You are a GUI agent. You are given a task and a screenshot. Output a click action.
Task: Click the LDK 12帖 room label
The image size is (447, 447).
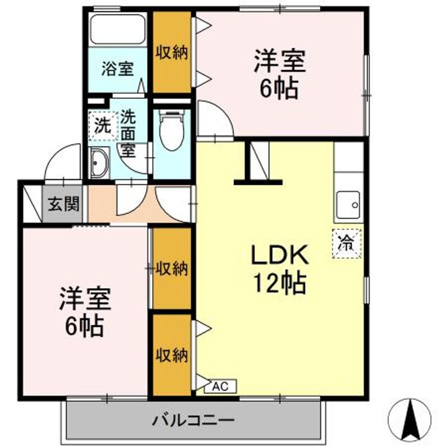click(x=278, y=268)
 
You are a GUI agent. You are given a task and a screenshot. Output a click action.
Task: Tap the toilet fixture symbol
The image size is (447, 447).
click(x=171, y=129)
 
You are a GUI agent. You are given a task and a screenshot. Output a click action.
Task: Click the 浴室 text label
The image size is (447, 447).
click(x=118, y=68)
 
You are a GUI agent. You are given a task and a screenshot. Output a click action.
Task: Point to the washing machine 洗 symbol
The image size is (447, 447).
click(x=101, y=125)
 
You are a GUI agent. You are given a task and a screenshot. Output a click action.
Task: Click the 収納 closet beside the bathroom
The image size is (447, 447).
click(x=171, y=52)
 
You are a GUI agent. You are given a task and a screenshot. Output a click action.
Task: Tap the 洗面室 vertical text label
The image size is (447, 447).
click(x=128, y=132)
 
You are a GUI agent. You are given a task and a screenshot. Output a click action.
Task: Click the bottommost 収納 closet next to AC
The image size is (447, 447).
click(x=171, y=354)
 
